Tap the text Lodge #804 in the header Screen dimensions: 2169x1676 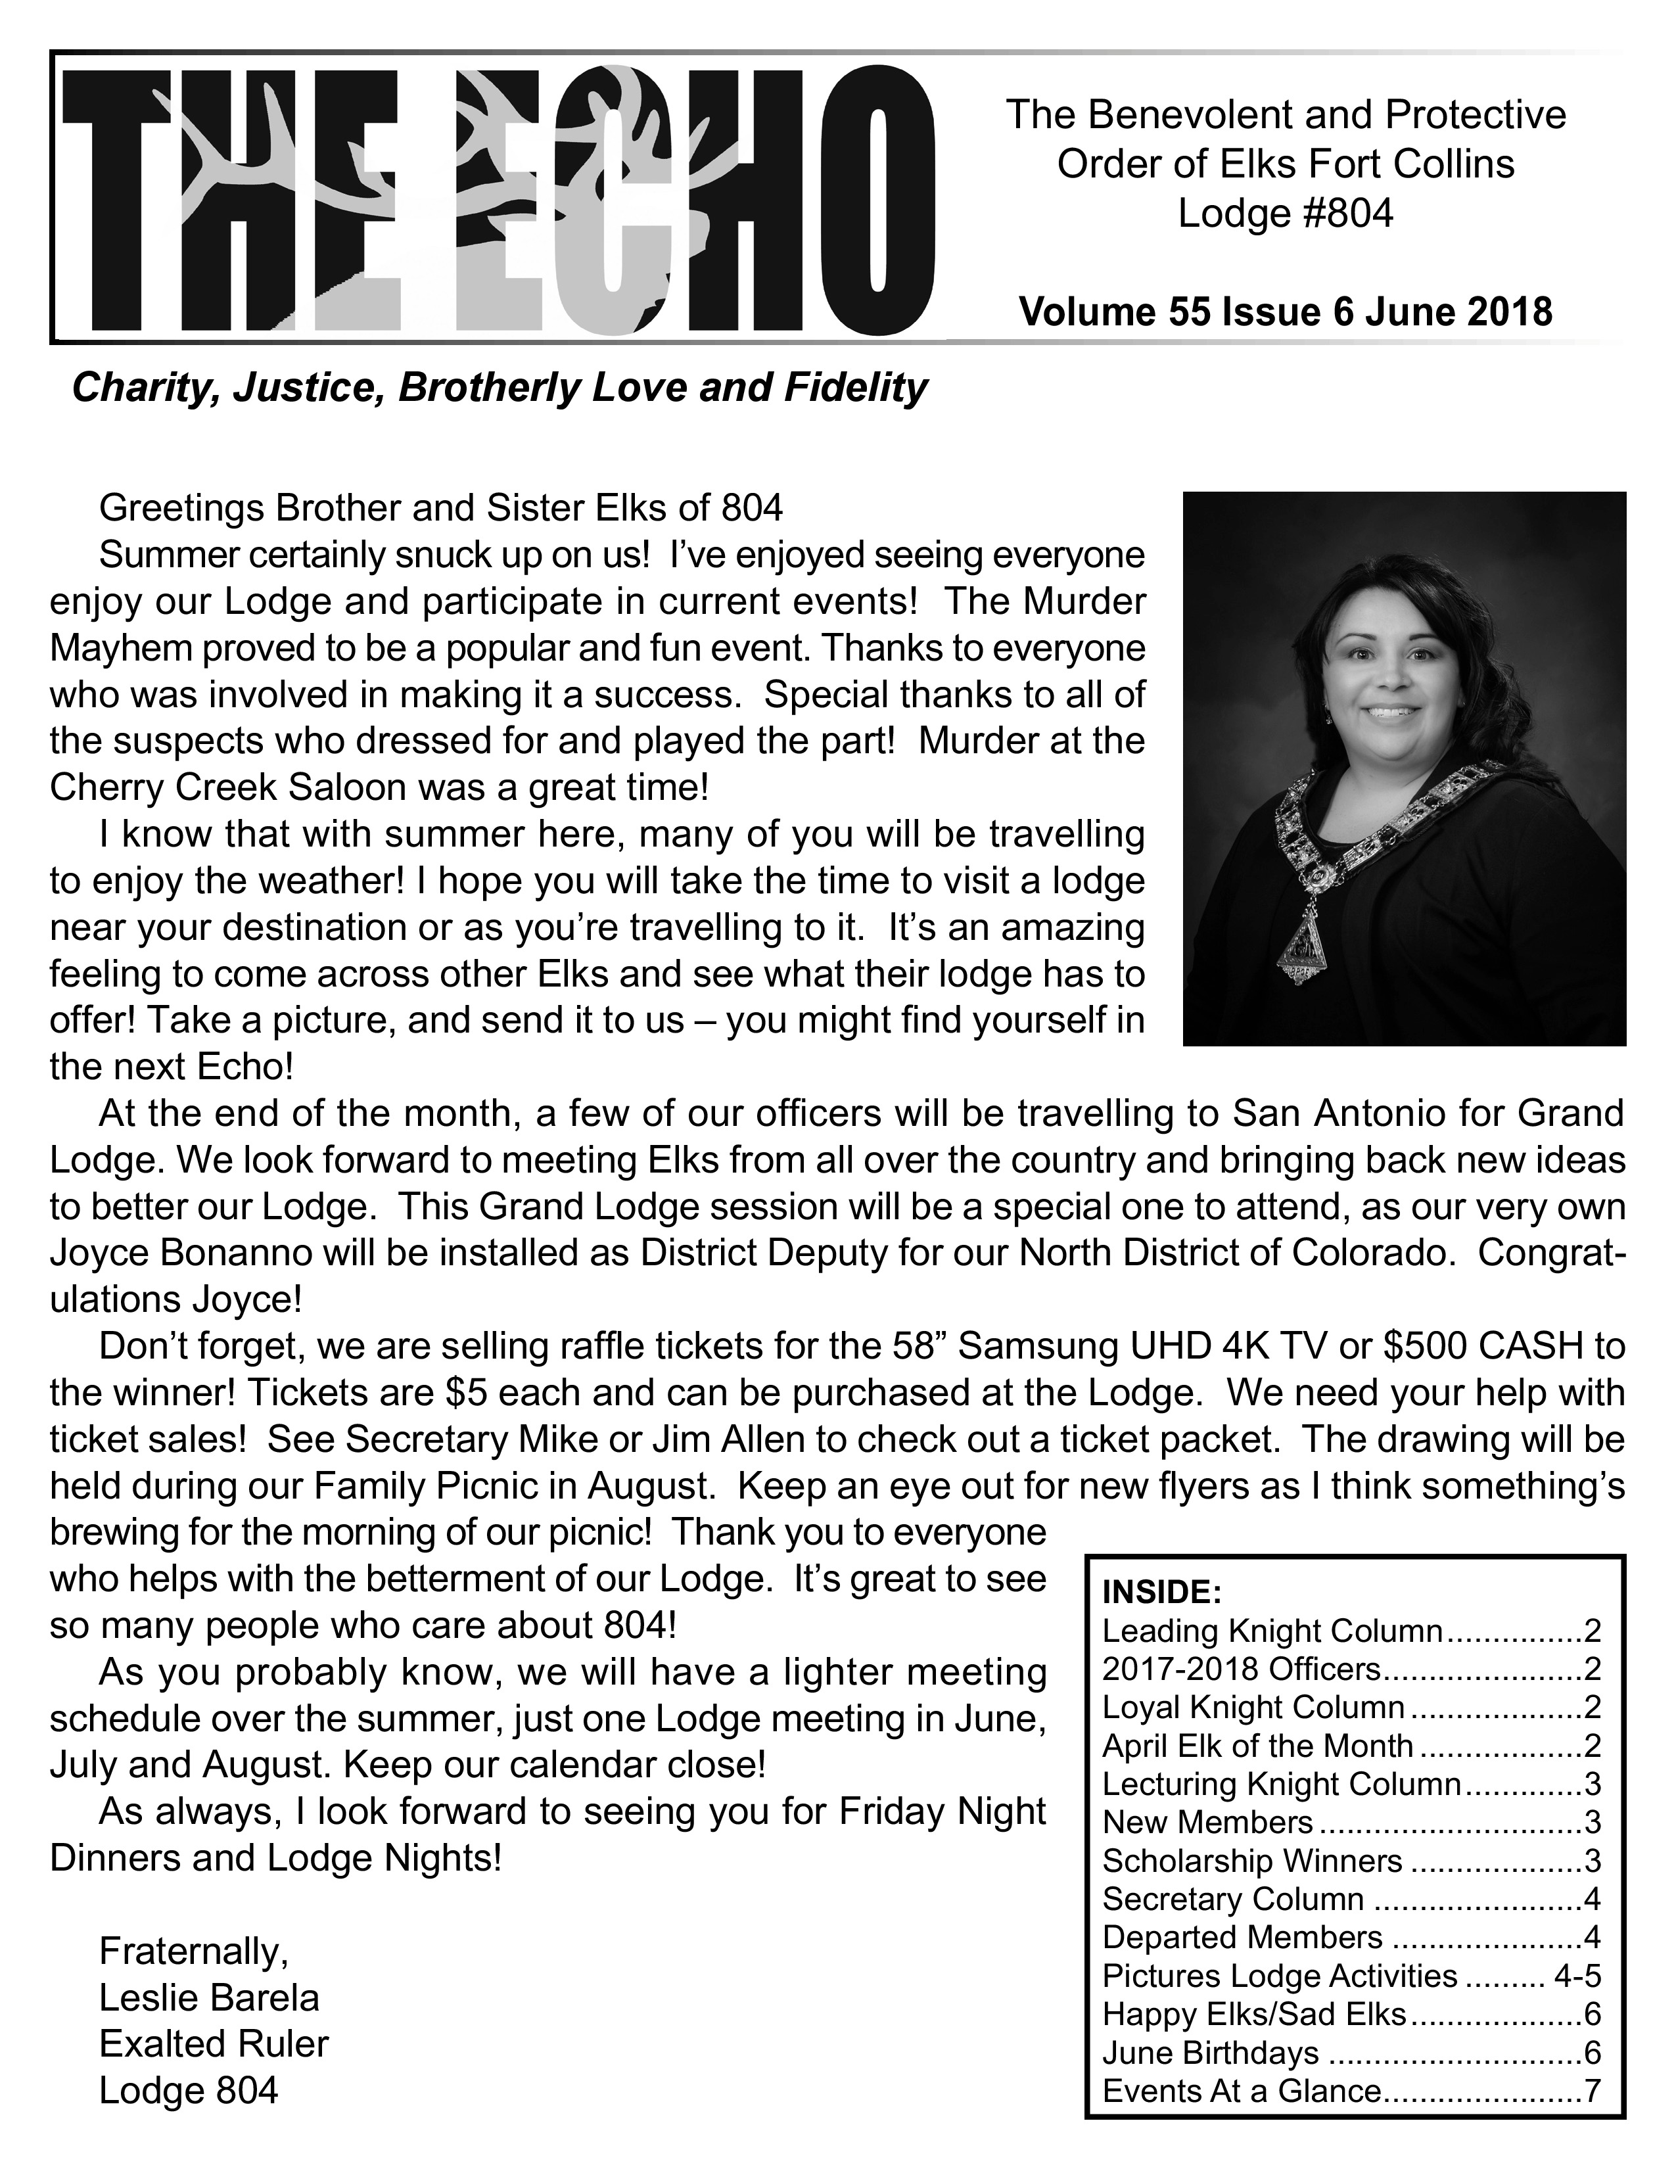1285,214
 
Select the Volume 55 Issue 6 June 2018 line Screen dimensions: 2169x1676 1285,312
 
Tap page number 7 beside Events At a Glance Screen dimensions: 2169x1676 1593,2091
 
